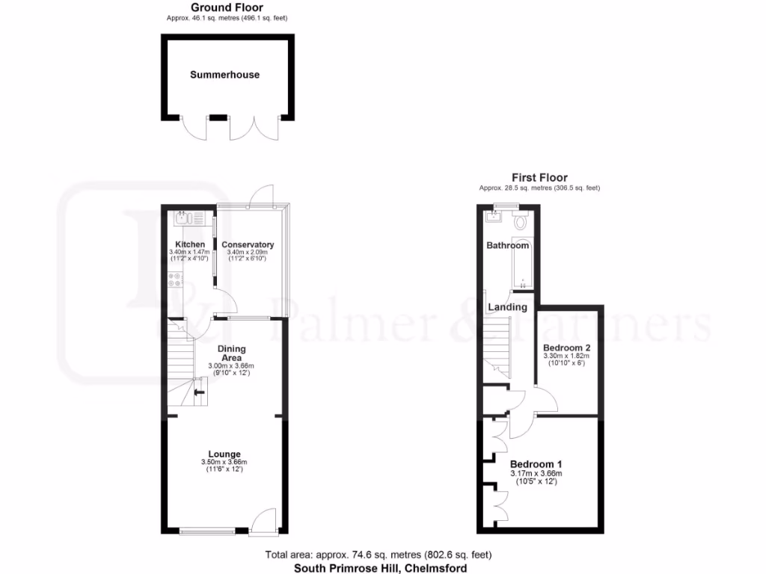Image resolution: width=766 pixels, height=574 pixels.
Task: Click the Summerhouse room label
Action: pyautogui.click(x=224, y=75)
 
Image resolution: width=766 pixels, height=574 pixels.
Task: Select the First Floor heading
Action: pyautogui.click(x=539, y=178)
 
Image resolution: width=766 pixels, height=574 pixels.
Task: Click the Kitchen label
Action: pyautogui.click(x=190, y=245)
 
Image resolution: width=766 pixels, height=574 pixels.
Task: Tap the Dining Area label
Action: pyautogui.click(x=231, y=353)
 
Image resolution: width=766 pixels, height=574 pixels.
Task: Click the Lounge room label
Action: pyautogui.click(x=224, y=454)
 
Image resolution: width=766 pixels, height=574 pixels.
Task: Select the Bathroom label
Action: pyautogui.click(x=508, y=246)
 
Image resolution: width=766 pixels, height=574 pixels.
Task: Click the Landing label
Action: pyautogui.click(x=507, y=307)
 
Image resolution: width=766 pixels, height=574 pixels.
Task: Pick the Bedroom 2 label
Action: pyautogui.click(x=566, y=348)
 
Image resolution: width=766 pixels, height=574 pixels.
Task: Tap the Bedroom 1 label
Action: pyautogui.click(x=536, y=463)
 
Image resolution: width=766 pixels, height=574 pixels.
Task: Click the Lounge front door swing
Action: pyautogui.click(x=263, y=521)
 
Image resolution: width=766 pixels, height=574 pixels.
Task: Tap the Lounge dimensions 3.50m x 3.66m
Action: pyautogui.click(x=224, y=463)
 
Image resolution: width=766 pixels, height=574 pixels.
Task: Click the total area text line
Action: pyautogui.click(x=379, y=555)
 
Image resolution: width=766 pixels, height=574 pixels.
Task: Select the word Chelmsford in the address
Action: pyautogui.click(x=437, y=568)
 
